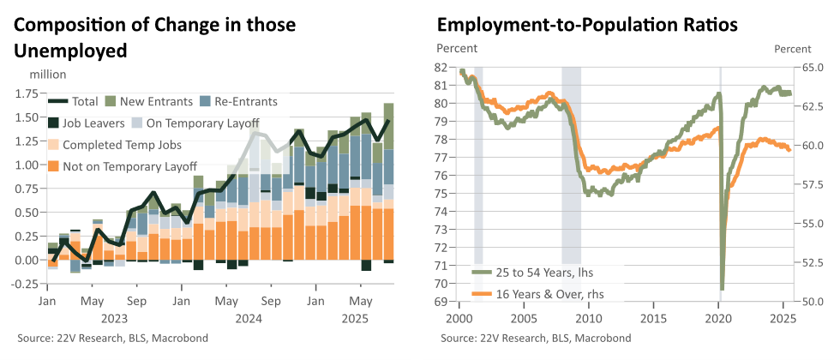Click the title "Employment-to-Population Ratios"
[x=587, y=25]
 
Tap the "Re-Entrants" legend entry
[x=239, y=101]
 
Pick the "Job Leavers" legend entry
[x=87, y=123]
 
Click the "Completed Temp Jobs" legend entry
[x=114, y=145]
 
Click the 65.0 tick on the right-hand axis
[x=804, y=68]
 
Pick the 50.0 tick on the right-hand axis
[x=804, y=302]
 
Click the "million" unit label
[x=48, y=75]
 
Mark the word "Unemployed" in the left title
[x=71, y=51]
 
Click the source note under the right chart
[x=537, y=339]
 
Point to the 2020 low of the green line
[x=722, y=289]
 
